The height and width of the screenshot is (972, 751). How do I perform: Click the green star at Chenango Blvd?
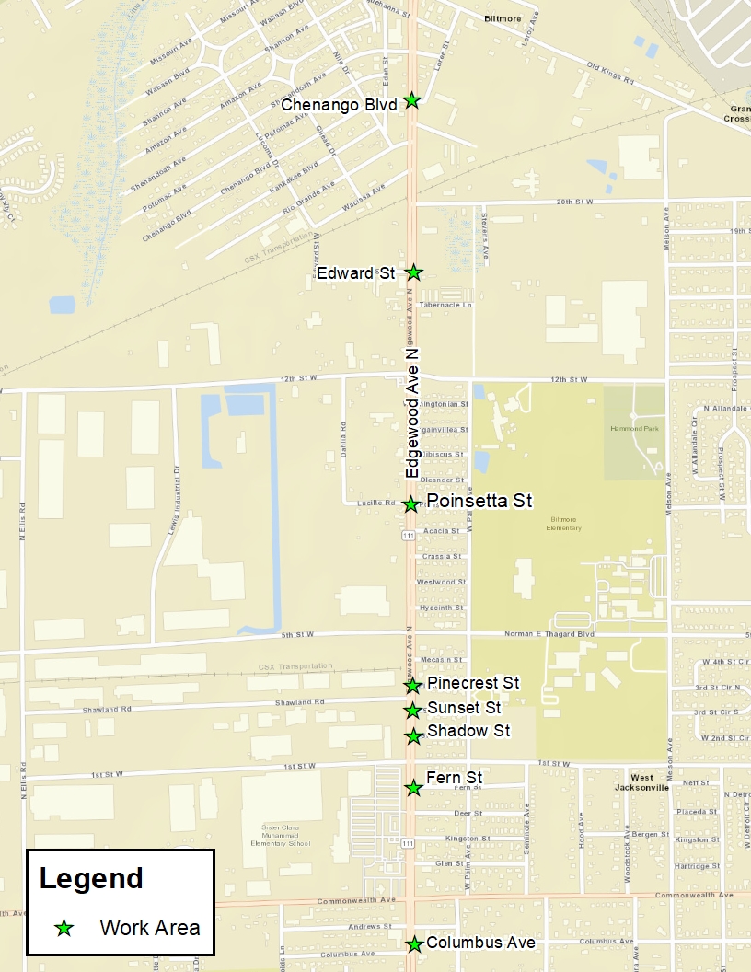click(x=412, y=100)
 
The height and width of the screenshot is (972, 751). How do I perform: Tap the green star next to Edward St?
click(x=414, y=272)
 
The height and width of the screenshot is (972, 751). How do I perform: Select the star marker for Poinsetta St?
click(x=411, y=503)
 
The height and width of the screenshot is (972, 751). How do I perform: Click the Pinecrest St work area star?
click(x=413, y=685)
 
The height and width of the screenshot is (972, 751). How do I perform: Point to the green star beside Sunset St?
click(x=413, y=710)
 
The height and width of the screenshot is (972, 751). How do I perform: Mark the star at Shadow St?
click(x=414, y=735)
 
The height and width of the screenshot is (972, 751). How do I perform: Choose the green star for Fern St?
click(x=414, y=788)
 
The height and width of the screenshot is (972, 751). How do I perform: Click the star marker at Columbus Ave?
click(x=414, y=943)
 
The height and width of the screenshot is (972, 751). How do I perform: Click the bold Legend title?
click(x=91, y=878)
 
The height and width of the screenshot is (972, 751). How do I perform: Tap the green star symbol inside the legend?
click(x=64, y=928)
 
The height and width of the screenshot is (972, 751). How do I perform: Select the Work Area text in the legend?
click(x=150, y=928)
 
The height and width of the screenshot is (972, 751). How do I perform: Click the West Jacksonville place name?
click(x=642, y=783)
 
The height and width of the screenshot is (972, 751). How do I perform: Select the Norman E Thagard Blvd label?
click(x=549, y=634)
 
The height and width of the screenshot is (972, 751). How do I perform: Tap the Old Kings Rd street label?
click(x=610, y=75)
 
